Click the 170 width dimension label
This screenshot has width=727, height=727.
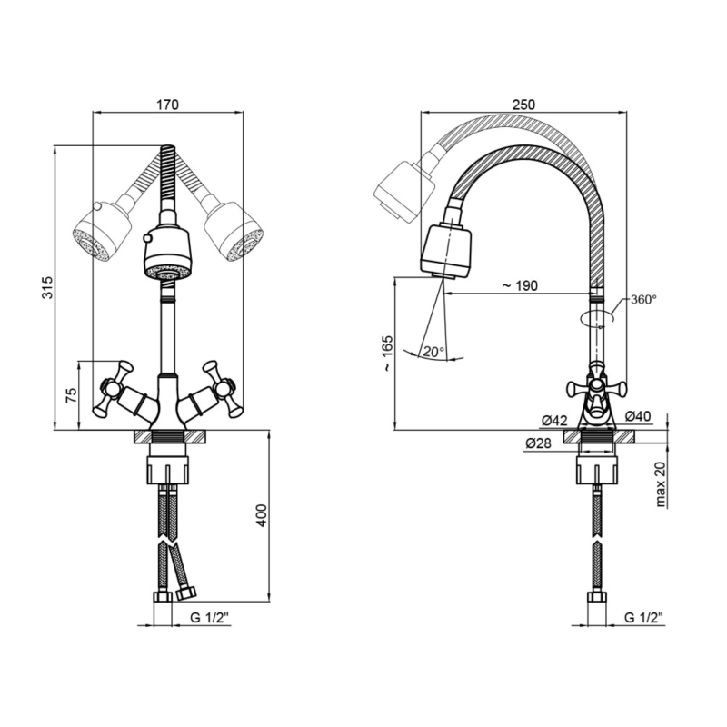(x=167, y=105)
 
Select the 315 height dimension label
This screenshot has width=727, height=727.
(x=48, y=287)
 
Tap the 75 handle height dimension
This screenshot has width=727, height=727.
(x=71, y=395)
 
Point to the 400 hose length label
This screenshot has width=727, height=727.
(x=263, y=514)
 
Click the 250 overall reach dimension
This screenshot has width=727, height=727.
(x=523, y=105)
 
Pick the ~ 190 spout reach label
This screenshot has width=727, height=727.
(x=519, y=285)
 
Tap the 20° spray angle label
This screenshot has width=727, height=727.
(x=433, y=352)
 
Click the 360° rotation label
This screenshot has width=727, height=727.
(x=643, y=299)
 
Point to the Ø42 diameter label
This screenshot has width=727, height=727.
(x=554, y=421)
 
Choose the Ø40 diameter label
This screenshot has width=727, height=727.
(x=638, y=417)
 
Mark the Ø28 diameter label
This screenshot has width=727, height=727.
(x=538, y=443)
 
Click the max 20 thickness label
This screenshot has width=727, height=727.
(x=661, y=484)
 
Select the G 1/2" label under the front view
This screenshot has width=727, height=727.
(x=210, y=618)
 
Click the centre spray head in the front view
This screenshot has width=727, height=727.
(x=167, y=254)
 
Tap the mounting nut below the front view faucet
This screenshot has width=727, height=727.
(x=168, y=470)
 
